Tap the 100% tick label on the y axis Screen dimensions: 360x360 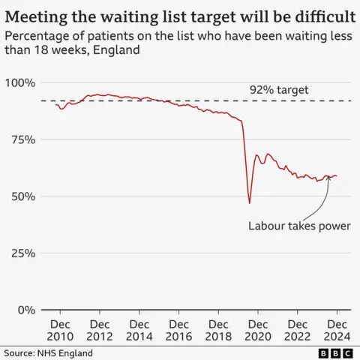[x=19, y=82]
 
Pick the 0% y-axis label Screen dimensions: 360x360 [x=25, y=310]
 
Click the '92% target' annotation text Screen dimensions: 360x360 [x=279, y=90]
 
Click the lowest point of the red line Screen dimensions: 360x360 [x=250, y=202]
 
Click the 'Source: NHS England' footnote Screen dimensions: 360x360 [x=49, y=352]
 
